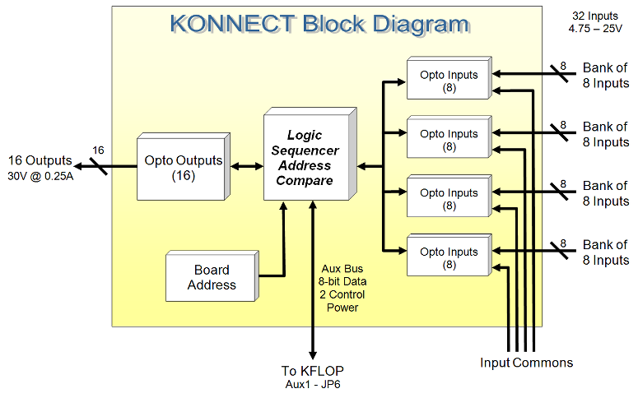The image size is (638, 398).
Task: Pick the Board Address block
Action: (x=211, y=277)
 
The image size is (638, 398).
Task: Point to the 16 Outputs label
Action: (x=40, y=160)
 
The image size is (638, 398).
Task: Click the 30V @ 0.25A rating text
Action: (x=40, y=176)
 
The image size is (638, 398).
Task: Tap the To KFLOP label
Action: (x=312, y=370)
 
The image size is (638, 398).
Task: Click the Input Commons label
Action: (x=526, y=362)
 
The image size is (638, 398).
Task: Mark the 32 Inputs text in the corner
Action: (x=593, y=16)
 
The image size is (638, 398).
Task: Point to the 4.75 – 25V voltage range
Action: (x=593, y=30)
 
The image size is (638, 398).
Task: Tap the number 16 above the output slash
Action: (x=98, y=150)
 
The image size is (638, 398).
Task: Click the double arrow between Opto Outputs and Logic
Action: (x=244, y=167)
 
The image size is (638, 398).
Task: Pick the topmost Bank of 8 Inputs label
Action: (x=605, y=75)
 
